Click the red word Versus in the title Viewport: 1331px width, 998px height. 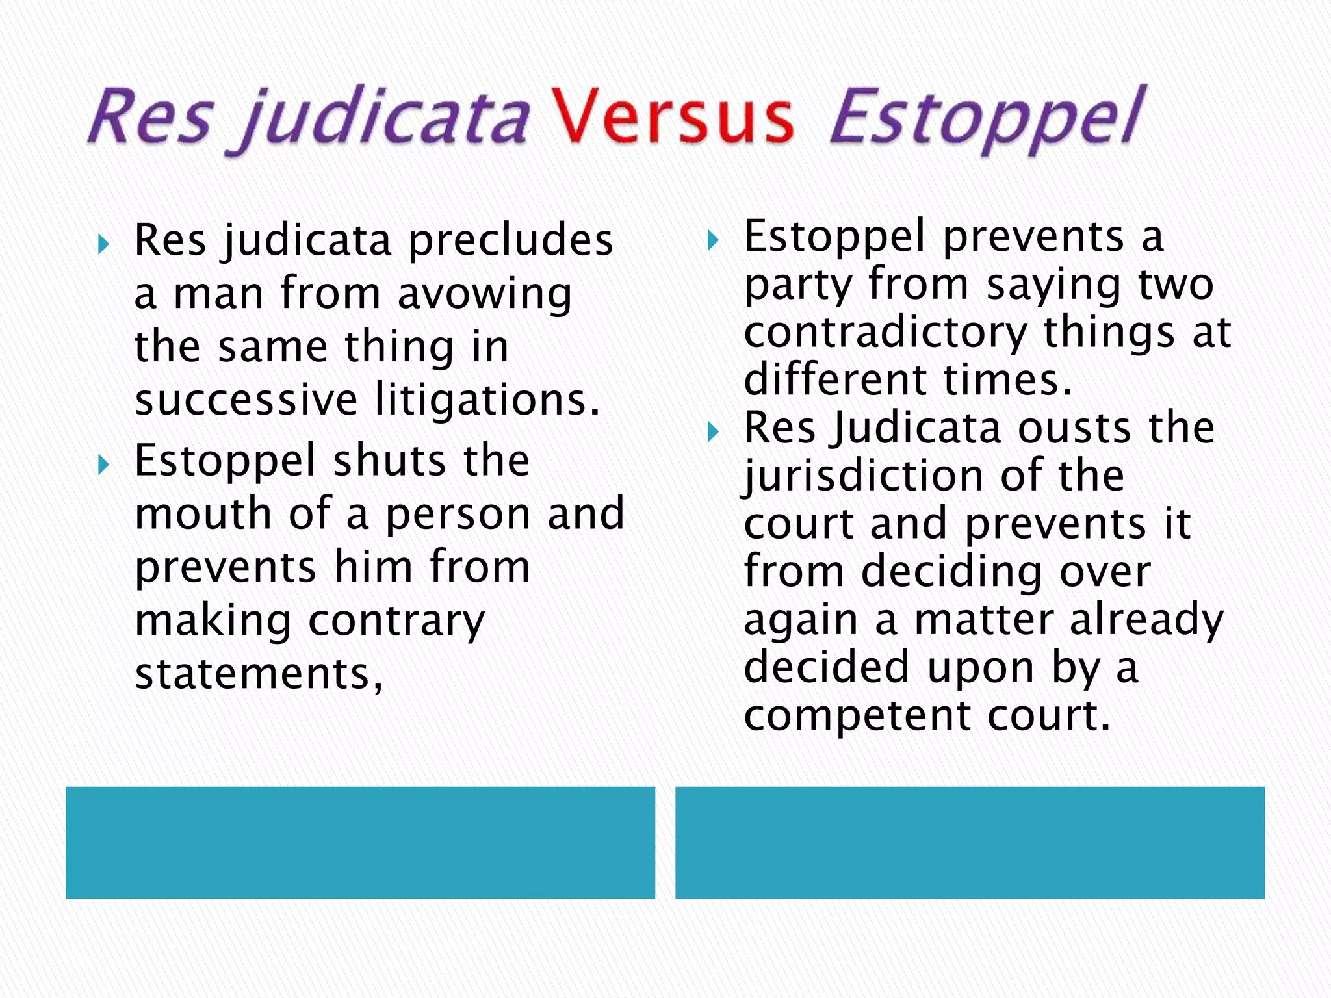[672, 117]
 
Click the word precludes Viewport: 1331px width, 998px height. [511, 240]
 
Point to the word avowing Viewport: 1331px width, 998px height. [484, 294]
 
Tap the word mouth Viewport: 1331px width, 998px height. [203, 513]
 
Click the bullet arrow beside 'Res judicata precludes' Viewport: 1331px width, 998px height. [103, 245]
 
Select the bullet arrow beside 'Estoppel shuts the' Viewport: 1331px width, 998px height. [103, 465]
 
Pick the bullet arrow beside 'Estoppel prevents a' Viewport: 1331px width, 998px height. [713, 240]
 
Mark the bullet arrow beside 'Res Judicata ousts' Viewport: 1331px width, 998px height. [713, 432]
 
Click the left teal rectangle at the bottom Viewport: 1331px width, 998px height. [360, 842]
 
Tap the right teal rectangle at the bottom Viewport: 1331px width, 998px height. [970, 842]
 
